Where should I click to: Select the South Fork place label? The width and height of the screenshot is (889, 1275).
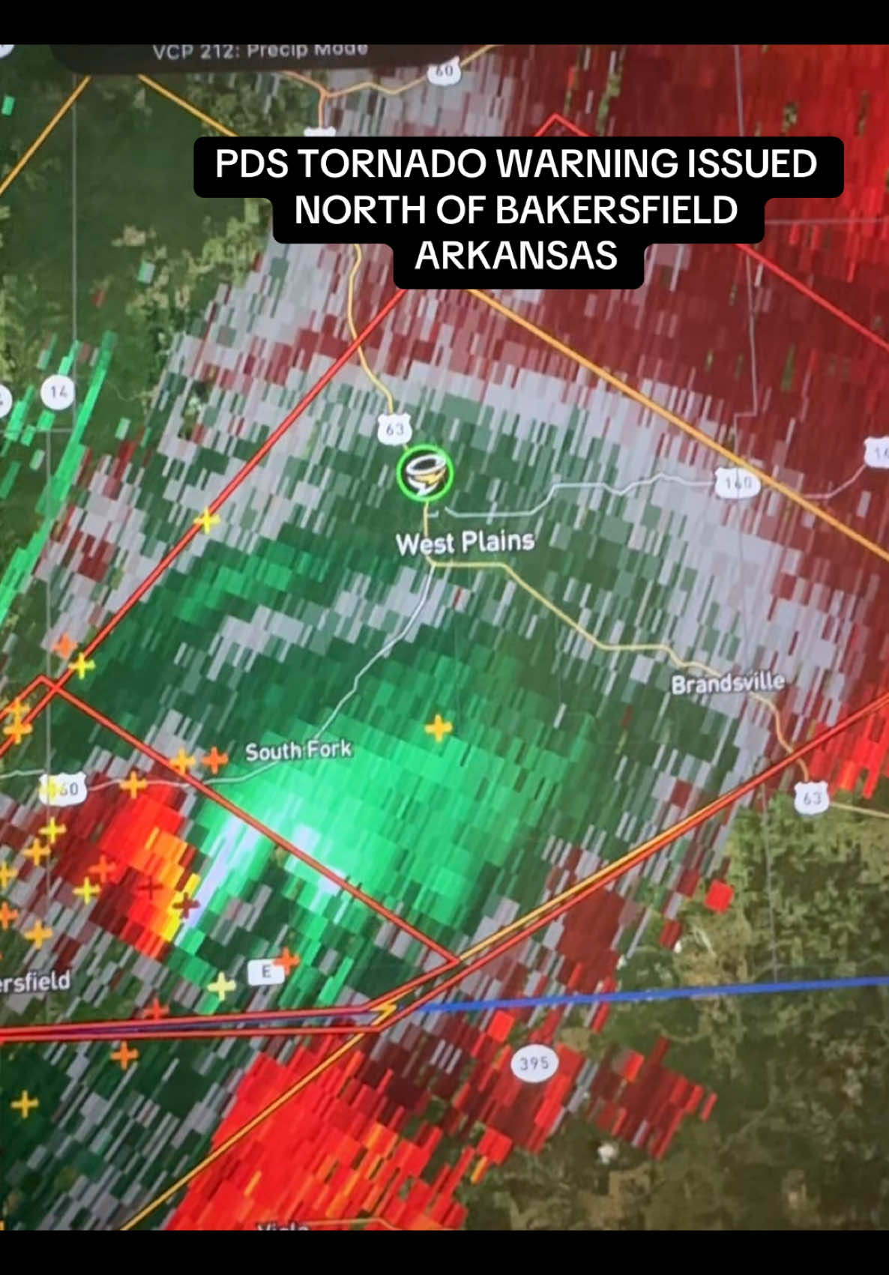[298, 751]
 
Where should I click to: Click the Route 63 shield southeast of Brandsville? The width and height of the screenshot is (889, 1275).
[813, 798]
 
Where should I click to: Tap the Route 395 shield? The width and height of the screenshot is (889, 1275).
[534, 1063]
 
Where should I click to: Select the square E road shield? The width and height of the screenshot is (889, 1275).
[266, 972]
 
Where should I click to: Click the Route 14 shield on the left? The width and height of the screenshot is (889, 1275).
[58, 392]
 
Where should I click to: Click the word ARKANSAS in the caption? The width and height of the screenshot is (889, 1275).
[516, 256]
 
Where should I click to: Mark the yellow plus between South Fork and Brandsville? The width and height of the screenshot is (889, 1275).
[439, 727]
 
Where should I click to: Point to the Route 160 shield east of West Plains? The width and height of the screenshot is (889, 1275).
[738, 484]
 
